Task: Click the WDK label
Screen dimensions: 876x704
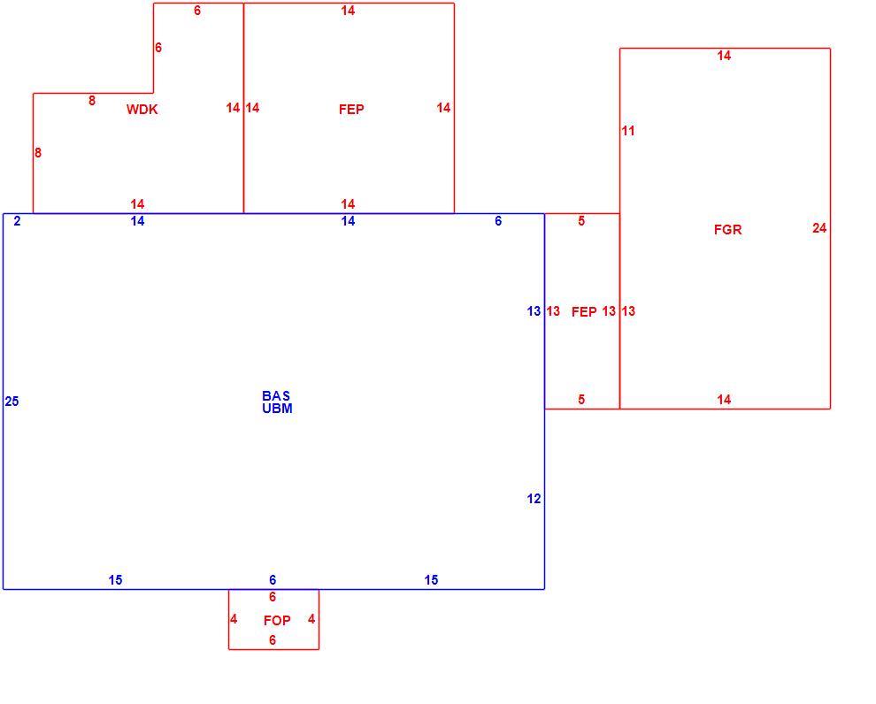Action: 142,110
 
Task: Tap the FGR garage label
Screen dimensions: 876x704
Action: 728,229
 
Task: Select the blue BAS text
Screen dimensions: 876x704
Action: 276,396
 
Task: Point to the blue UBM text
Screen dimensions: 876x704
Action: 277,408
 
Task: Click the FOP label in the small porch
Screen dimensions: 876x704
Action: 277,621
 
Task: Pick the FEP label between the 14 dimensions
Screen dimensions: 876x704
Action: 351,109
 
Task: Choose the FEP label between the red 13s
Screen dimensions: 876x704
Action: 584,312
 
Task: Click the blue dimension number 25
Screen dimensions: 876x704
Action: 12,402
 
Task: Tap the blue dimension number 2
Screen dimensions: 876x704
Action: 18,221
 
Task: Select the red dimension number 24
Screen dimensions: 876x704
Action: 819,228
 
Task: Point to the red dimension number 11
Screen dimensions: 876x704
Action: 628,131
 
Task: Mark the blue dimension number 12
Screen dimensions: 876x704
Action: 534,499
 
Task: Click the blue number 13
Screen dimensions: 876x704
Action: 534,311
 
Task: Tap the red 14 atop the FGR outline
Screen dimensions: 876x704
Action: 724,55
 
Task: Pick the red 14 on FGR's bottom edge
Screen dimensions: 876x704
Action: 724,399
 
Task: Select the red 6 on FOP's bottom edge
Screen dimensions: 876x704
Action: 273,639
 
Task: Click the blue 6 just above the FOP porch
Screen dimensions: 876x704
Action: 273,580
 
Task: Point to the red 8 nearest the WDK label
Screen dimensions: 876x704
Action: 92,101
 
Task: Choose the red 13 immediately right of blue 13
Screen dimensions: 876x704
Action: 553,311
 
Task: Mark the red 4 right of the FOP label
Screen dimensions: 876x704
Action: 311,619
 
